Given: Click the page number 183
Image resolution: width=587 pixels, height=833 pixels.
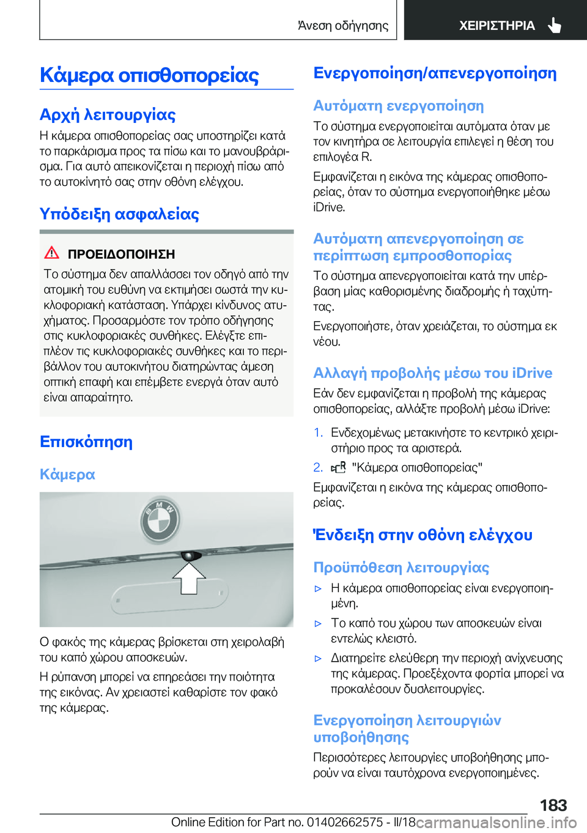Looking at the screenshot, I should pyautogui.click(x=553, y=805).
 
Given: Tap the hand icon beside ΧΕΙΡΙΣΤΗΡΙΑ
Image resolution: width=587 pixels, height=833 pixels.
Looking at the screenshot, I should pyautogui.click(x=555, y=25).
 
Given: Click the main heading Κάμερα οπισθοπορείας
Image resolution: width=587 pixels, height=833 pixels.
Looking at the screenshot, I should pyautogui.click(x=149, y=75).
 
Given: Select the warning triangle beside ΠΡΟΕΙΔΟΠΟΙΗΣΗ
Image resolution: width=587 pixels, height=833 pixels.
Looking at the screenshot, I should pyautogui.click(x=52, y=253).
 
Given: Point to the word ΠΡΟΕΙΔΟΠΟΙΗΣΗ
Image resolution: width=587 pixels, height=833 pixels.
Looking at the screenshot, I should pyautogui.click(x=121, y=254).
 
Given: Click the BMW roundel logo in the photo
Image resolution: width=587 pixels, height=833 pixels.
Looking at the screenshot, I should pyautogui.click(x=160, y=519).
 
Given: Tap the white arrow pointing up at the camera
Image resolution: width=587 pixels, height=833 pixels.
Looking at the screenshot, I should pyautogui.click(x=189, y=577).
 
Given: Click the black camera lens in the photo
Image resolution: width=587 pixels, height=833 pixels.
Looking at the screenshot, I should pyautogui.click(x=191, y=555).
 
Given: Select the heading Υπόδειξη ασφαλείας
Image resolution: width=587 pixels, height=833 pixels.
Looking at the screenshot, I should pyautogui.click(x=119, y=214).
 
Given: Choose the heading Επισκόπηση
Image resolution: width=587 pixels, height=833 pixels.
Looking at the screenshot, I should pyautogui.click(x=86, y=442).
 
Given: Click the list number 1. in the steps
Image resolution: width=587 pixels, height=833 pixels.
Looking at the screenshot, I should pyautogui.click(x=318, y=432).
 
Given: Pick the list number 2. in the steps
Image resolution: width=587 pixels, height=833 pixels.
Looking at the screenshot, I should pyautogui.click(x=318, y=467).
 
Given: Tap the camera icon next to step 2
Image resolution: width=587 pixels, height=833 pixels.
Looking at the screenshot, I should pyautogui.click(x=339, y=468).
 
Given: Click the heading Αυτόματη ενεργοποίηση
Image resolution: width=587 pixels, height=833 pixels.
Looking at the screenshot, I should pyautogui.click(x=398, y=106).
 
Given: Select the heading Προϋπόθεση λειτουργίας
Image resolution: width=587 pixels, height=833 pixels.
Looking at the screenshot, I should pyautogui.click(x=401, y=568).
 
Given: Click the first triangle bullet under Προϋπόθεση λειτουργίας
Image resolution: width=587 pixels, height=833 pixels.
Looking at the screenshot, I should pyautogui.click(x=318, y=588).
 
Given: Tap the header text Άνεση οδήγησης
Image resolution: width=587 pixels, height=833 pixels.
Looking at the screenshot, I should pyautogui.click(x=342, y=26).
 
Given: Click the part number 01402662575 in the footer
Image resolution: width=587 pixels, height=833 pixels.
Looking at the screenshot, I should pyautogui.click(x=345, y=822).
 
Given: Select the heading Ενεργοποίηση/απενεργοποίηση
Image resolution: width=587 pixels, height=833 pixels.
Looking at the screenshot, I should pyautogui.click(x=435, y=73).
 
